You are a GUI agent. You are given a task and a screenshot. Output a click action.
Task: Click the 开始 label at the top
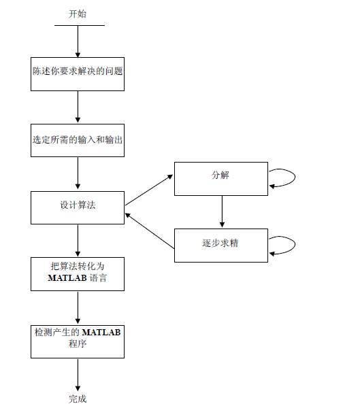(x=78, y=14)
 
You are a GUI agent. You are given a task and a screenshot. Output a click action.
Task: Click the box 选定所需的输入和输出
(x=78, y=140)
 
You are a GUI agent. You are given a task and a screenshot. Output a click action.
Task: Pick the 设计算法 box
(x=78, y=207)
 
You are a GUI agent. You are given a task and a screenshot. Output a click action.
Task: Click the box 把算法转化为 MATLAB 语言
(x=78, y=273)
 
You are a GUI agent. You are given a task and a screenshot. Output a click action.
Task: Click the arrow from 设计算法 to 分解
(x=149, y=190)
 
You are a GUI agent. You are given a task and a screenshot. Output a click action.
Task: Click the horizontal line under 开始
(x=79, y=26)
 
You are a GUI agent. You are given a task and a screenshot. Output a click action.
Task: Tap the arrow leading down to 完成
(x=78, y=374)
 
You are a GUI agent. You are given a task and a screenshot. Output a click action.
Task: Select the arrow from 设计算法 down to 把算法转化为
(x=78, y=239)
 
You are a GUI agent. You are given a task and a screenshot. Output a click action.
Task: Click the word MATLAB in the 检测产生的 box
(x=101, y=333)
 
